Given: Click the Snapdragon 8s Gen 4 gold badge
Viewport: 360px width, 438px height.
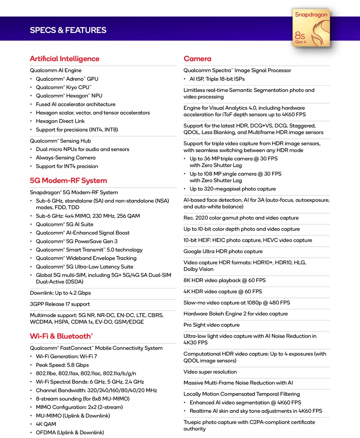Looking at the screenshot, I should (311, 28).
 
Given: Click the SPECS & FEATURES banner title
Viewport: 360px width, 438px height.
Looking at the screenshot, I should (68, 30).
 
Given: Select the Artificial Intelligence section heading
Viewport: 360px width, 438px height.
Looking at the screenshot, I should (64, 59).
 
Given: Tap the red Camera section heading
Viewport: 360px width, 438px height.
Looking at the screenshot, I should (197, 59).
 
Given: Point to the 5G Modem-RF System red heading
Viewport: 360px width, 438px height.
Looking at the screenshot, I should (68, 181).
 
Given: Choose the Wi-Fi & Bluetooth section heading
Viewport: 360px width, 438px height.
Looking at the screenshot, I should (61, 336).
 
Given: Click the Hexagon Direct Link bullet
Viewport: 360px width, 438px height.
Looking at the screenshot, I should (60, 121).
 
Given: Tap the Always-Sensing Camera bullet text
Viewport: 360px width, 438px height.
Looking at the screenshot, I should (65, 158).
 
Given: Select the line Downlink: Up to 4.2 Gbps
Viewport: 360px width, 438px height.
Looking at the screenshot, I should (60, 293).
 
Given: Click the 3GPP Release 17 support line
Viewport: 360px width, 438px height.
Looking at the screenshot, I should (60, 304).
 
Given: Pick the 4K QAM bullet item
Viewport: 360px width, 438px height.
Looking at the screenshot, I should (46, 424).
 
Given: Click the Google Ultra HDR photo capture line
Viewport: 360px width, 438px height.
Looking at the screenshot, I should (223, 251).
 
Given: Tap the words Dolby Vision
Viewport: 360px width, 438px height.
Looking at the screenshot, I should (198, 269).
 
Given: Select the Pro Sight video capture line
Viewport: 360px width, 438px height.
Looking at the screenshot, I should (211, 325).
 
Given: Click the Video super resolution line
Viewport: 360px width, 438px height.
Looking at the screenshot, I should (210, 372).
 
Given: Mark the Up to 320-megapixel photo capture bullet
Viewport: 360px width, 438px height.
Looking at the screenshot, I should (233, 189).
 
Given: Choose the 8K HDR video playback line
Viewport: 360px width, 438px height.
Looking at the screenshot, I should (224, 280).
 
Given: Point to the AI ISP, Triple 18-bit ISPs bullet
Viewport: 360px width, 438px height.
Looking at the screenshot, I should (217, 79).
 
